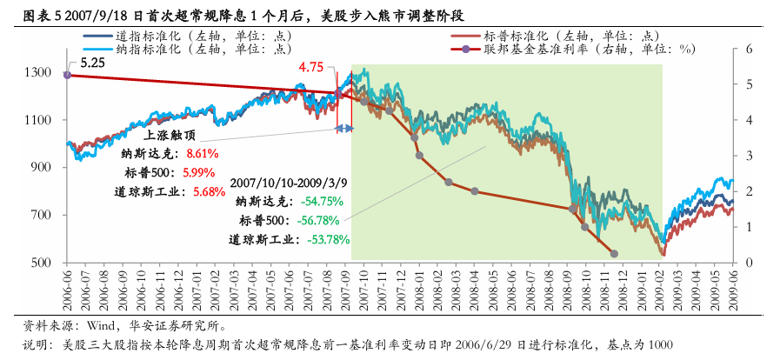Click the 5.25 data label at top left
92,63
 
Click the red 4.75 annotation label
311,67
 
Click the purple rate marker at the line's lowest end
614,254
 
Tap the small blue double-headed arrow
345,129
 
